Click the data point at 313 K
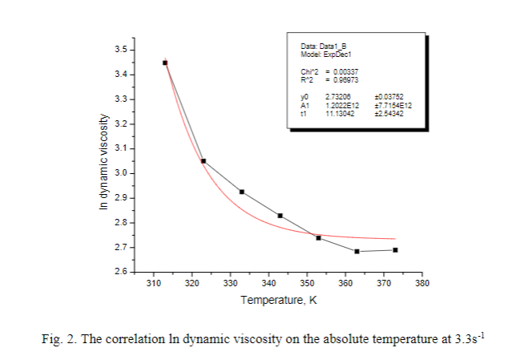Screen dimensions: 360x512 (165, 62)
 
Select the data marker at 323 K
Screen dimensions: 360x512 (204, 161)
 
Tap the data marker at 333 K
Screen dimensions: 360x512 (242, 192)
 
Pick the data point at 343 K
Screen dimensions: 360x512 (280, 216)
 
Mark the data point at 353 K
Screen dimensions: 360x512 (318, 237)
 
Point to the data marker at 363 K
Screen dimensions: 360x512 (357, 251)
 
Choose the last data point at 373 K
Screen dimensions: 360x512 (395, 250)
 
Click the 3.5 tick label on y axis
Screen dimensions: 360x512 (120, 50)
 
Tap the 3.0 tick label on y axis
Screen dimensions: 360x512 (120, 173)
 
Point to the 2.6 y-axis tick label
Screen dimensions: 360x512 (120, 273)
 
